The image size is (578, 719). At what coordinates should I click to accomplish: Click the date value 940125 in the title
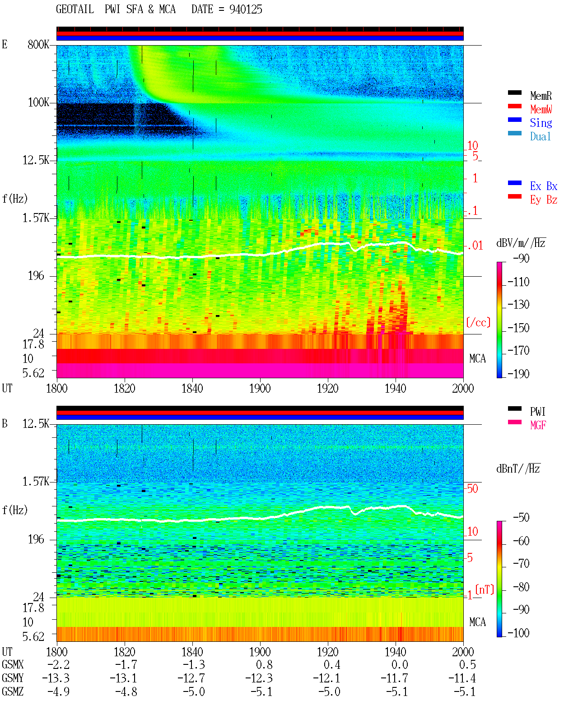coord(246,9)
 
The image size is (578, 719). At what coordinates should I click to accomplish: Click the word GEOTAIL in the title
coord(75,9)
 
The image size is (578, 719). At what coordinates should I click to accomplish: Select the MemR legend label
coord(541,96)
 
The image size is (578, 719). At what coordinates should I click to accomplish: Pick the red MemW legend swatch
coord(514,106)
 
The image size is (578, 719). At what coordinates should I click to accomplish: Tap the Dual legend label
coord(540,136)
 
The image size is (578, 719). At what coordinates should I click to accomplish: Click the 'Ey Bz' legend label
coord(543,199)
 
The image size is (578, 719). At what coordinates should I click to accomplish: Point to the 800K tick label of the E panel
coord(38,44)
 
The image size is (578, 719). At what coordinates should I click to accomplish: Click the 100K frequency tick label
coord(38,102)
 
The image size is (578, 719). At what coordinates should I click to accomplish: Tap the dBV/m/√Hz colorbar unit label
coord(521,243)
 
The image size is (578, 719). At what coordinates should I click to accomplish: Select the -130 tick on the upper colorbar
coord(518,305)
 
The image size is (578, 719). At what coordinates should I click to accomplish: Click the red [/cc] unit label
coord(478,322)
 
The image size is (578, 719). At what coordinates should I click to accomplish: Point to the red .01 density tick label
coord(475,246)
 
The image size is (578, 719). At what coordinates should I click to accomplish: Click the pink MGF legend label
coord(538,425)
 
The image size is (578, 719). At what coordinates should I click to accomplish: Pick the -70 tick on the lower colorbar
coord(521,564)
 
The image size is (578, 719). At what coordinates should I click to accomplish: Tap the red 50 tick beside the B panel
coord(472,489)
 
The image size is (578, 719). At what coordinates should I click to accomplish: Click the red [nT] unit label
coord(485,589)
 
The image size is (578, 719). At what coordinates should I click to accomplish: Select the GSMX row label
coord(13,664)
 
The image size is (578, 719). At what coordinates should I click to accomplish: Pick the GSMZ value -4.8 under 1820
coord(126,691)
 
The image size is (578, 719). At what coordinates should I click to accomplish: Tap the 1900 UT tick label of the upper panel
coord(260,389)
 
